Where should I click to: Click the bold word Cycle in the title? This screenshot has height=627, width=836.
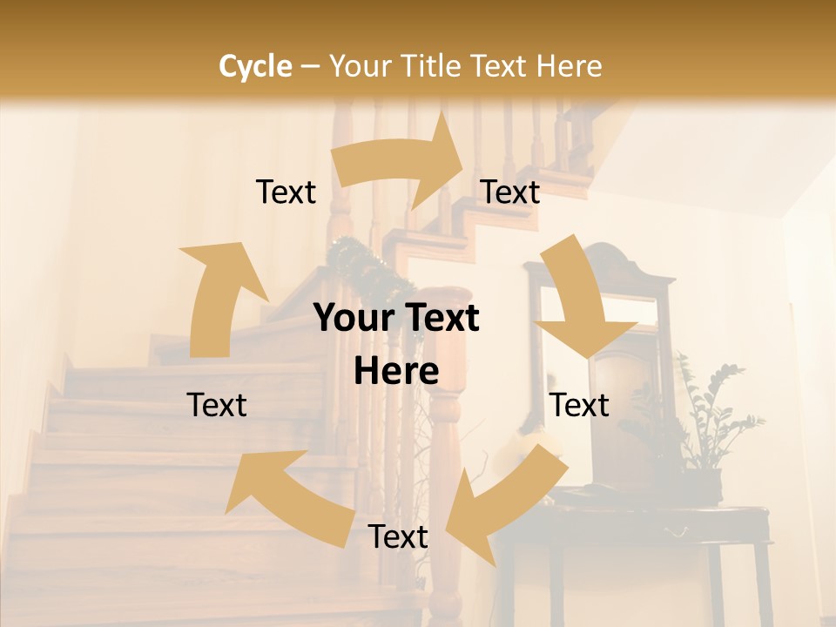(x=255, y=66)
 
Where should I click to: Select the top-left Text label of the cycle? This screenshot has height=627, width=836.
(x=286, y=192)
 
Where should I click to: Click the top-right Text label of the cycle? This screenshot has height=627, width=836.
(x=510, y=192)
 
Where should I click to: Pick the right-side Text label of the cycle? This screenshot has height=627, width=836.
(x=580, y=405)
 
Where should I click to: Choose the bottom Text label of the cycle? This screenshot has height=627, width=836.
(x=398, y=536)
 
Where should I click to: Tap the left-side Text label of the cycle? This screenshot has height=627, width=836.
(x=217, y=405)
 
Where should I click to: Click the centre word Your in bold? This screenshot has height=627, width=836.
(x=353, y=318)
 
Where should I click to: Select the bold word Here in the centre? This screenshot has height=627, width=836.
(x=396, y=372)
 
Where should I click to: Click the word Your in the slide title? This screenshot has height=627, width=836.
(x=359, y=66)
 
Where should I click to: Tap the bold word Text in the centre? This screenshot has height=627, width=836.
(x=440, y=318)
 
